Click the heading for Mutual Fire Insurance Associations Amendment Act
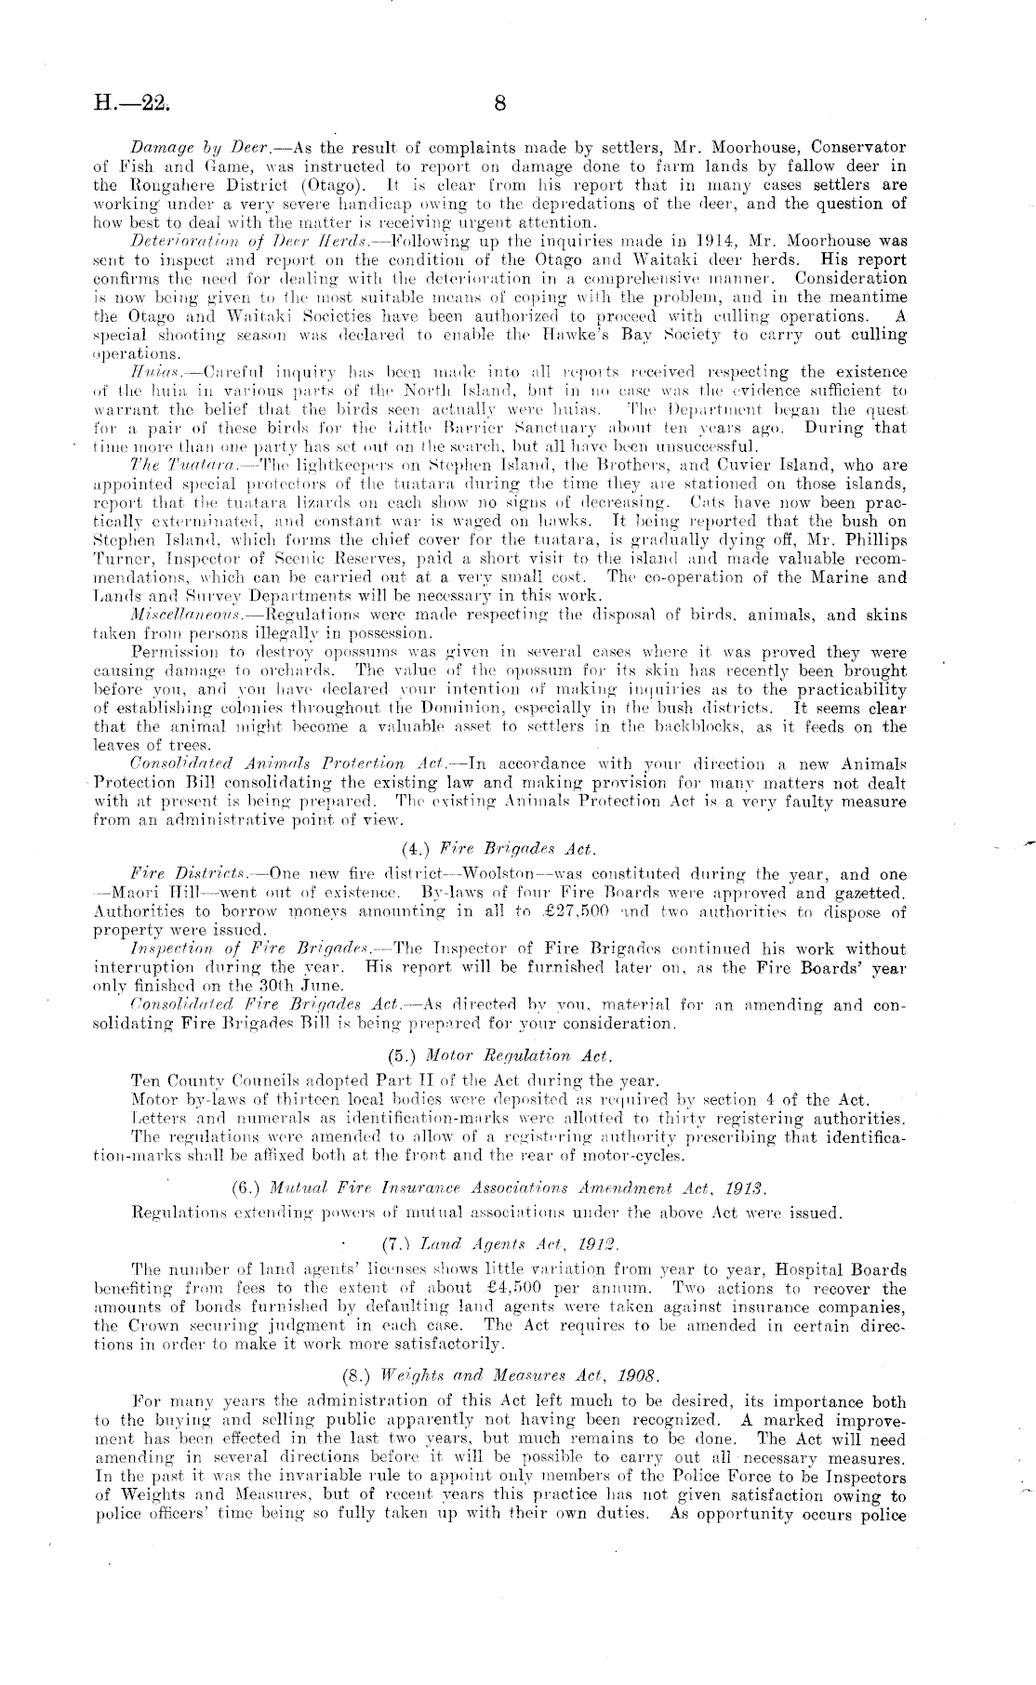(x=498, y=1187)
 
